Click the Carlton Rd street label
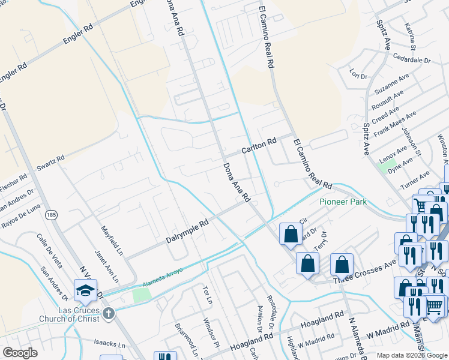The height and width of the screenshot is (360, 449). tap(259, 145)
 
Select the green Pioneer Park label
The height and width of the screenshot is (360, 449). tap(343, 202)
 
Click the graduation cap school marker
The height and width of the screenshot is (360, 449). tap(86, 292)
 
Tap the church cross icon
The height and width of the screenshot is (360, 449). tap(108, 313)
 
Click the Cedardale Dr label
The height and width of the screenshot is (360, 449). tap(412, 60)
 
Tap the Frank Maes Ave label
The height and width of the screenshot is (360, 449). tap(394, 125)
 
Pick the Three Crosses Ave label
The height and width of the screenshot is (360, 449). tap(364, 272)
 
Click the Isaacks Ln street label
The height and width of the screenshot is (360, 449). tap(110, 345)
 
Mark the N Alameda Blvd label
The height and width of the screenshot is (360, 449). tap(361, 336)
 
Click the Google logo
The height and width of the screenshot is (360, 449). tap(20, 353)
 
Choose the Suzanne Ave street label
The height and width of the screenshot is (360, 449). tap(391, 85)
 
